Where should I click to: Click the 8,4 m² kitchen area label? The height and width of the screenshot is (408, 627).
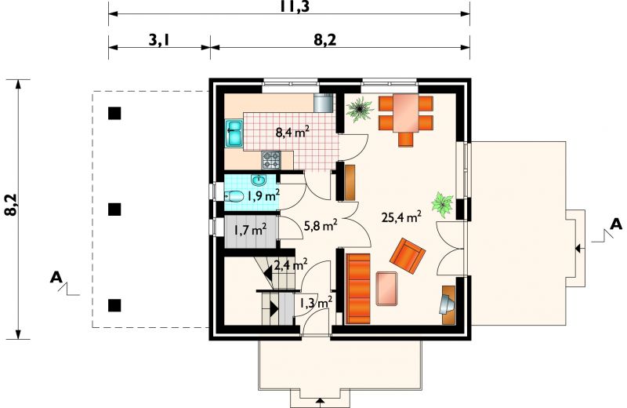coord(292,132)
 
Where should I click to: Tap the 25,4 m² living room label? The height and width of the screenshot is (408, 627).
coord(401,217)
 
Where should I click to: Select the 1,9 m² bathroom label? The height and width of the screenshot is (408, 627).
coord(263,195)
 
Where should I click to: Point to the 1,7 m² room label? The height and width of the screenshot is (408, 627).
coord(250,230)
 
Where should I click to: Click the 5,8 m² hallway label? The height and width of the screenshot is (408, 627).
coord(321,225)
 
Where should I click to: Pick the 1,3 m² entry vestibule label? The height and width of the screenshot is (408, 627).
coord(317,302)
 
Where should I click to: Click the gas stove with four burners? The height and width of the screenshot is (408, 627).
coord(271,160)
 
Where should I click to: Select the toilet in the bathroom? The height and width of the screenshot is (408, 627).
coord(234,196)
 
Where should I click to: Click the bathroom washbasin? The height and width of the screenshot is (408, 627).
coord(259,180)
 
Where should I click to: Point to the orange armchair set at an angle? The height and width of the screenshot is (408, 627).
coord(408,255)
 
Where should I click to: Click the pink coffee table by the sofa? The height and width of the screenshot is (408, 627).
coord(386,288)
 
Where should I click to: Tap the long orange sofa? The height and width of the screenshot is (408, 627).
coord(358,288)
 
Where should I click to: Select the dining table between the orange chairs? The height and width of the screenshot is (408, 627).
coord(405,113)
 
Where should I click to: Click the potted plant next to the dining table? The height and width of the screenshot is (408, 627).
coord(360,108)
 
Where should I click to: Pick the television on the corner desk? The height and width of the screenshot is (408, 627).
coord(447,304)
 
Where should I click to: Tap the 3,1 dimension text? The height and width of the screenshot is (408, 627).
coord(160,40)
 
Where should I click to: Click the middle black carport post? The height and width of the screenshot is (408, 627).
coord(114,209)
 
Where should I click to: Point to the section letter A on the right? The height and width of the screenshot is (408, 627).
coord(617,224)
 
